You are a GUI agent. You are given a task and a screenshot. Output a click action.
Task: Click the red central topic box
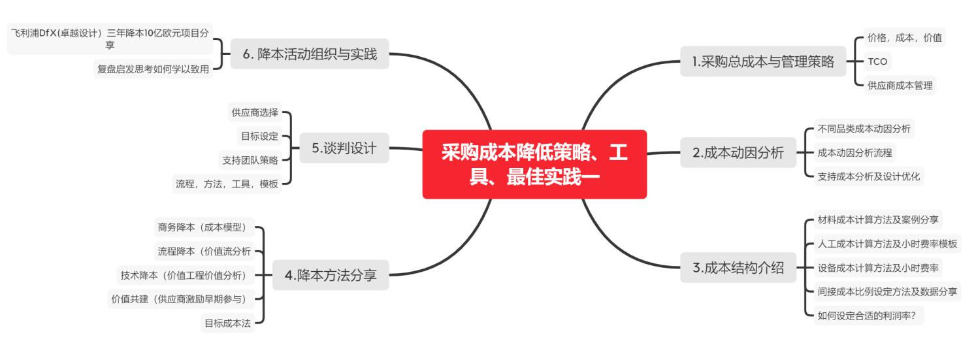point(534,164)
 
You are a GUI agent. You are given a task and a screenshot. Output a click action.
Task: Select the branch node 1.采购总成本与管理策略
point(764,61)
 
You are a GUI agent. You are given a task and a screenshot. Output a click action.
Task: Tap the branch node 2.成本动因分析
point(738,152)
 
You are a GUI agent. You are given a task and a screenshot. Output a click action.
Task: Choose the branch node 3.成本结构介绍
point(738,268)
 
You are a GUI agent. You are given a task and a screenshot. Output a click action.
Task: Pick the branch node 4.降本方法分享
point(331,275)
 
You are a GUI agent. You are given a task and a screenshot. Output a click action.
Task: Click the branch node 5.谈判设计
point(344,148)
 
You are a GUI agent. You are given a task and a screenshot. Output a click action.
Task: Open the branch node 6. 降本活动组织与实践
point(310,54)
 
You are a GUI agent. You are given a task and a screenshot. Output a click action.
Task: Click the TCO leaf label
point(877,61)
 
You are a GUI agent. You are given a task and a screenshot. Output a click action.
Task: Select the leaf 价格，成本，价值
point(905,37)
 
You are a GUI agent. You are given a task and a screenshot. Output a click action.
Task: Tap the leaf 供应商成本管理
point(900,86)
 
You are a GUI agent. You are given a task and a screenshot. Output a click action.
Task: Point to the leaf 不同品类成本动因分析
point(864,129)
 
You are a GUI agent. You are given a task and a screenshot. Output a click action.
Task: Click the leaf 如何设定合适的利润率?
point(868,316)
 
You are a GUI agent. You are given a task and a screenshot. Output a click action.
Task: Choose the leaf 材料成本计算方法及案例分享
point(878,220)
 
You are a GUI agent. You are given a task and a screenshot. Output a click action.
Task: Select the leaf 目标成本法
point(227,323)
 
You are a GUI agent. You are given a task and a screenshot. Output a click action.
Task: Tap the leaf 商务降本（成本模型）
point(204,227)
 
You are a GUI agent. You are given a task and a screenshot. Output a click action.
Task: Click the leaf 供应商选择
point(255,112)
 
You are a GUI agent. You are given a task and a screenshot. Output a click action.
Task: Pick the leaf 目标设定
point(260,136)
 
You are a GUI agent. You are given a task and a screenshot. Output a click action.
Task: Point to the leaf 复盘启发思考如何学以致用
point(153,69)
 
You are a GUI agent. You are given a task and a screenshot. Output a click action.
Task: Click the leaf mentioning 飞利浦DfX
point(110,39)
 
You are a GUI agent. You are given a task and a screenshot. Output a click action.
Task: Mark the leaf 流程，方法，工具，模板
point(227,184)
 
